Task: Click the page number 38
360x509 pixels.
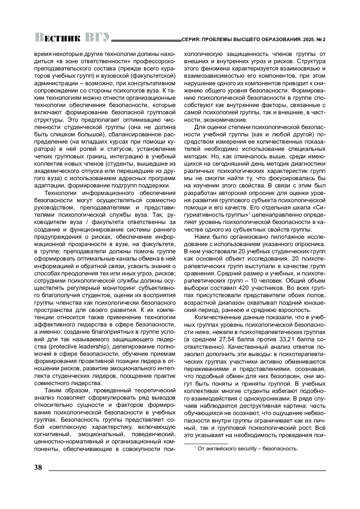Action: tap(38, 468)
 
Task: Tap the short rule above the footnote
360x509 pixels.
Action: tap(206, 443)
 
